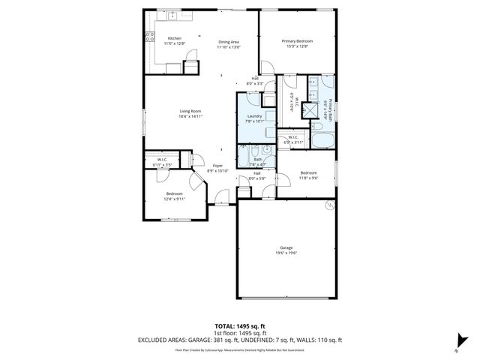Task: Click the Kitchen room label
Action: [x=174, y=38]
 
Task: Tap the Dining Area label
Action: [x=228, y=42]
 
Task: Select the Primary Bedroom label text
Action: [x=297, y=40]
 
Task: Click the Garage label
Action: [x=286, y=247]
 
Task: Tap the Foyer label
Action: [x=217, y=165]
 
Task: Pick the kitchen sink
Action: [x=172, y=14]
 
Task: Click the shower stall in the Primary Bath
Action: [x=308, y=109]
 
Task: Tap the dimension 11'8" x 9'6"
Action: [x=310, y=178]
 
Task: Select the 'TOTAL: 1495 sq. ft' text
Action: [x=240, y=325]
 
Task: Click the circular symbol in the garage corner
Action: [x=328, y=204]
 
